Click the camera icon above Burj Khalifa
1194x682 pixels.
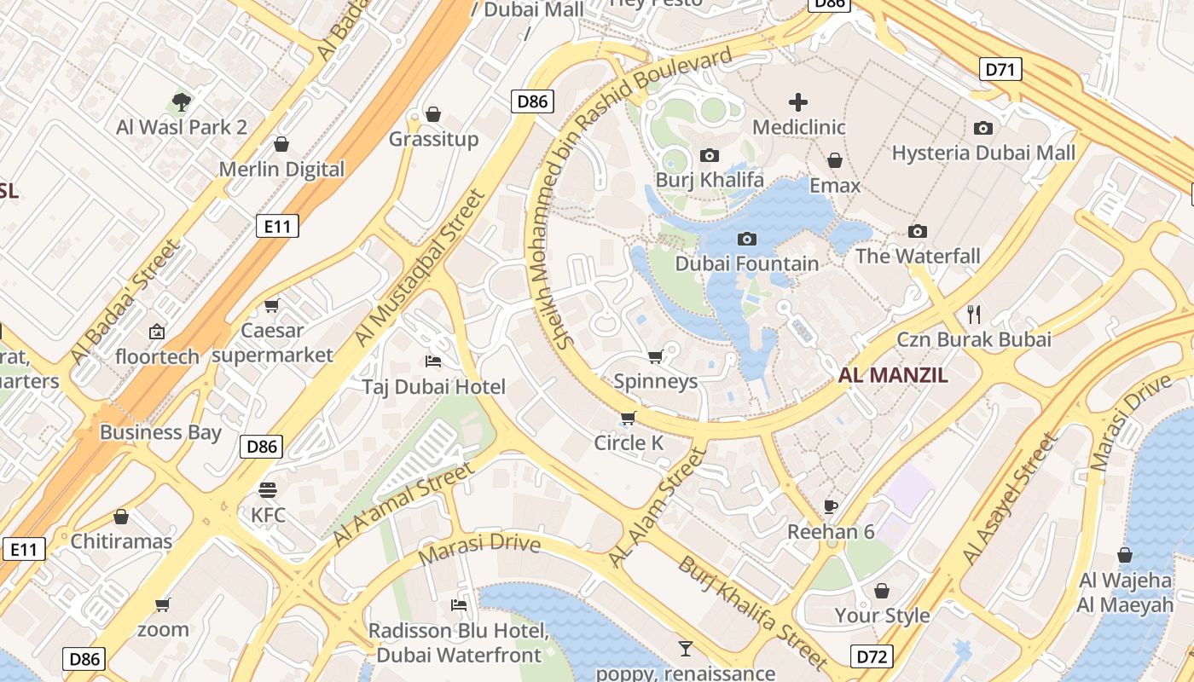point(709,155)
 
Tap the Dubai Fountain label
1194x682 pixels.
point(746,263)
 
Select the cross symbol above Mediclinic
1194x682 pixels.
point(798,103)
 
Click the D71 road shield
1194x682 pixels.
point(1000,69)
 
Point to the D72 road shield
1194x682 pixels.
point(872,656)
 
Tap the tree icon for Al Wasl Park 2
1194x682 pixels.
point(181,103)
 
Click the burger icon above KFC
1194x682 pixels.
point(268,490)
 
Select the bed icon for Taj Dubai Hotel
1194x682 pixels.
point(433,361)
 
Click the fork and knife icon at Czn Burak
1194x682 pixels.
point(974,315)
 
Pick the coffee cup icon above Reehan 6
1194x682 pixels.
point(831,507)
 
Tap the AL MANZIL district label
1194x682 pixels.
point(893,375)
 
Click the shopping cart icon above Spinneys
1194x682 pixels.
point(655,356)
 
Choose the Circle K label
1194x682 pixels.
point(629,442)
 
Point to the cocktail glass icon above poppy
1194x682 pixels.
point(686,649)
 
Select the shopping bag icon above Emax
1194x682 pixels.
point(835,160)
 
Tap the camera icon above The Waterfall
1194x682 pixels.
point(918,231)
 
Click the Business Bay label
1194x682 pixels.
point(160,432)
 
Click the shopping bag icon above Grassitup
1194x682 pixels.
point(433,114)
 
